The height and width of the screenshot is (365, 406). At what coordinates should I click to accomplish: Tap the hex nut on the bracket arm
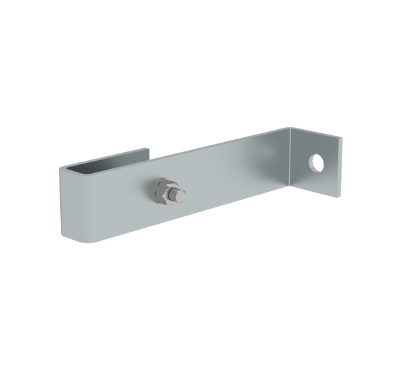pyautogui.click(x=163, y=191)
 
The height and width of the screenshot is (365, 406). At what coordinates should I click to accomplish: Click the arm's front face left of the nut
pyautogui.click(x=108, y=203)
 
